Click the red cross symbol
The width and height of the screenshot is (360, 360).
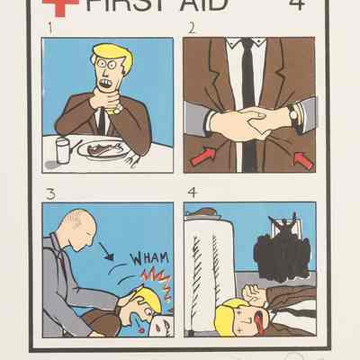coord(61,6)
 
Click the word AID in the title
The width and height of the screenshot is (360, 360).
coord(202,5)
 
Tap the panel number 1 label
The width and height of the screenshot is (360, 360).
coord(52,29)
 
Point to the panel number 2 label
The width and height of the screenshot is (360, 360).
coord(192,29)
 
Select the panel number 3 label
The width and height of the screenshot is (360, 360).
coord(50,194)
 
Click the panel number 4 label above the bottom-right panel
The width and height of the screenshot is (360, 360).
coord(193,193)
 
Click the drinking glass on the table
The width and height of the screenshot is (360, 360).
coord(63,150)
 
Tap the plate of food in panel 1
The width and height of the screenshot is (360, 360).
coord(103,149)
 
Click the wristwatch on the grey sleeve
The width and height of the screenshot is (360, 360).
coord(294,115)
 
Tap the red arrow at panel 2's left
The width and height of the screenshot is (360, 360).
coord(203,156)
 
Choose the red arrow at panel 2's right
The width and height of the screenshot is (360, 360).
coord(303,161)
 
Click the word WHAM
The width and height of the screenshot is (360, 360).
coord(149,258)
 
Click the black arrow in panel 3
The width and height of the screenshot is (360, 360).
coord(106,251)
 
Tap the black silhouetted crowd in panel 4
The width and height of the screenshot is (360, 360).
coord(283,251)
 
